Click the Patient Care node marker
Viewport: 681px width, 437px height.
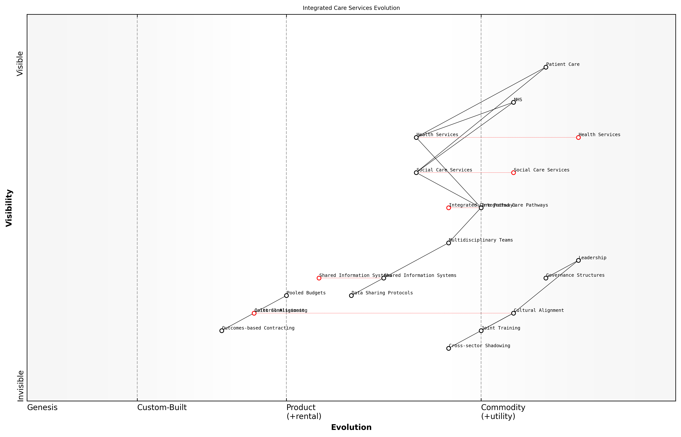[546, 67]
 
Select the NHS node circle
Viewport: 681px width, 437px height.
[513, 102]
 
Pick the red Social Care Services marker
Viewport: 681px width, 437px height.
[513, 173]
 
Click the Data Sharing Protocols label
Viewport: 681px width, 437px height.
[382, 293]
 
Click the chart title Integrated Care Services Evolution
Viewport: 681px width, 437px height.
[351, 8]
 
